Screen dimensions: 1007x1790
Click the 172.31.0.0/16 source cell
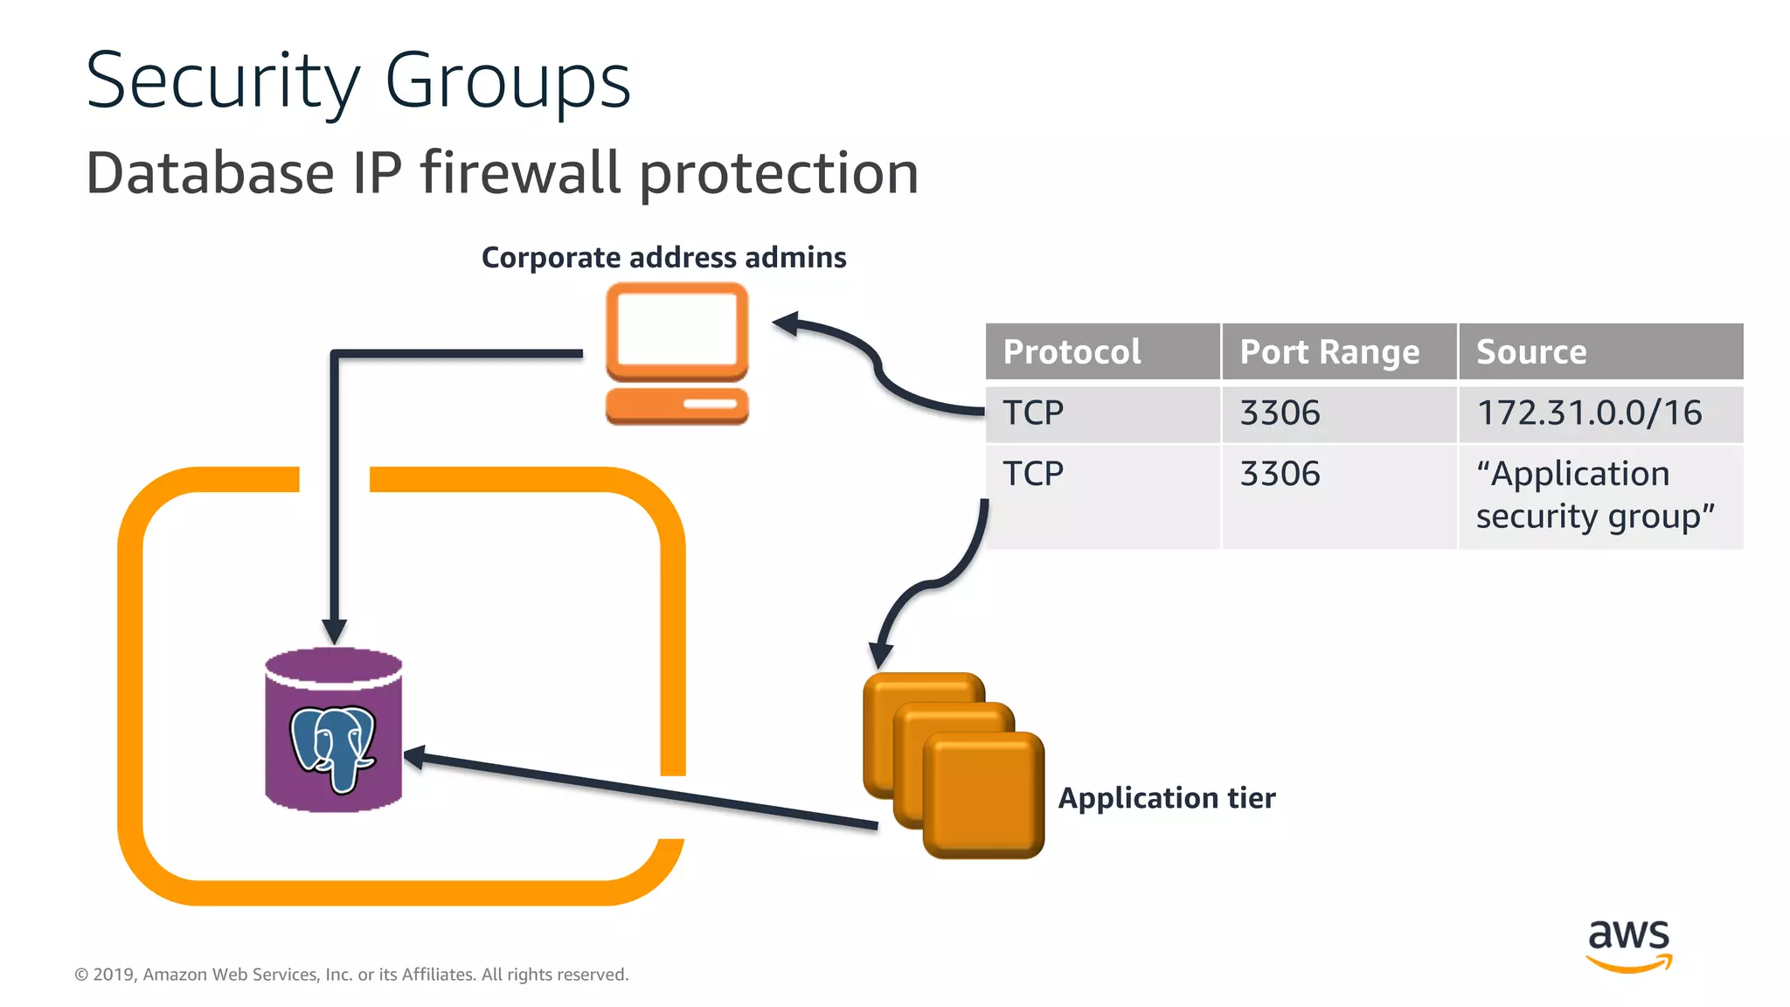(x=1589, y=413)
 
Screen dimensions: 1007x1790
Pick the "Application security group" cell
(x=1595, y=495)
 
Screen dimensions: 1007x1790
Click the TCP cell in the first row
(x=1033, y=413)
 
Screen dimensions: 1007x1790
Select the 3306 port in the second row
(x=1280, y=474)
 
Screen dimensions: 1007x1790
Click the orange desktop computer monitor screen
(x=676, y=329)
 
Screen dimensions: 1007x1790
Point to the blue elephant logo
(x=333, y=747)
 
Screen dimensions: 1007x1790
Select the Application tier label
(x=1166, y=798)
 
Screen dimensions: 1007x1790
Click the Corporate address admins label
(x=663, y=258)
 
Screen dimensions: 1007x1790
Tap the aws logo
(x=1628, y=944)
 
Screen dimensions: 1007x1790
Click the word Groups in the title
(x=507, y=81)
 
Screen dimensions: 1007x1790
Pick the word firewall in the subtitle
(x=520, y=172)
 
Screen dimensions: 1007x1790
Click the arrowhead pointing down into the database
(x=334, y=630)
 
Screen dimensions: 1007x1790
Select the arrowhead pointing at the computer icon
(x=787, y=324)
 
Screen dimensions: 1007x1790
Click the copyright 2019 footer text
(x=351, y=975)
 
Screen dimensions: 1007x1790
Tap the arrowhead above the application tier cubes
(x=880, y=654)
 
